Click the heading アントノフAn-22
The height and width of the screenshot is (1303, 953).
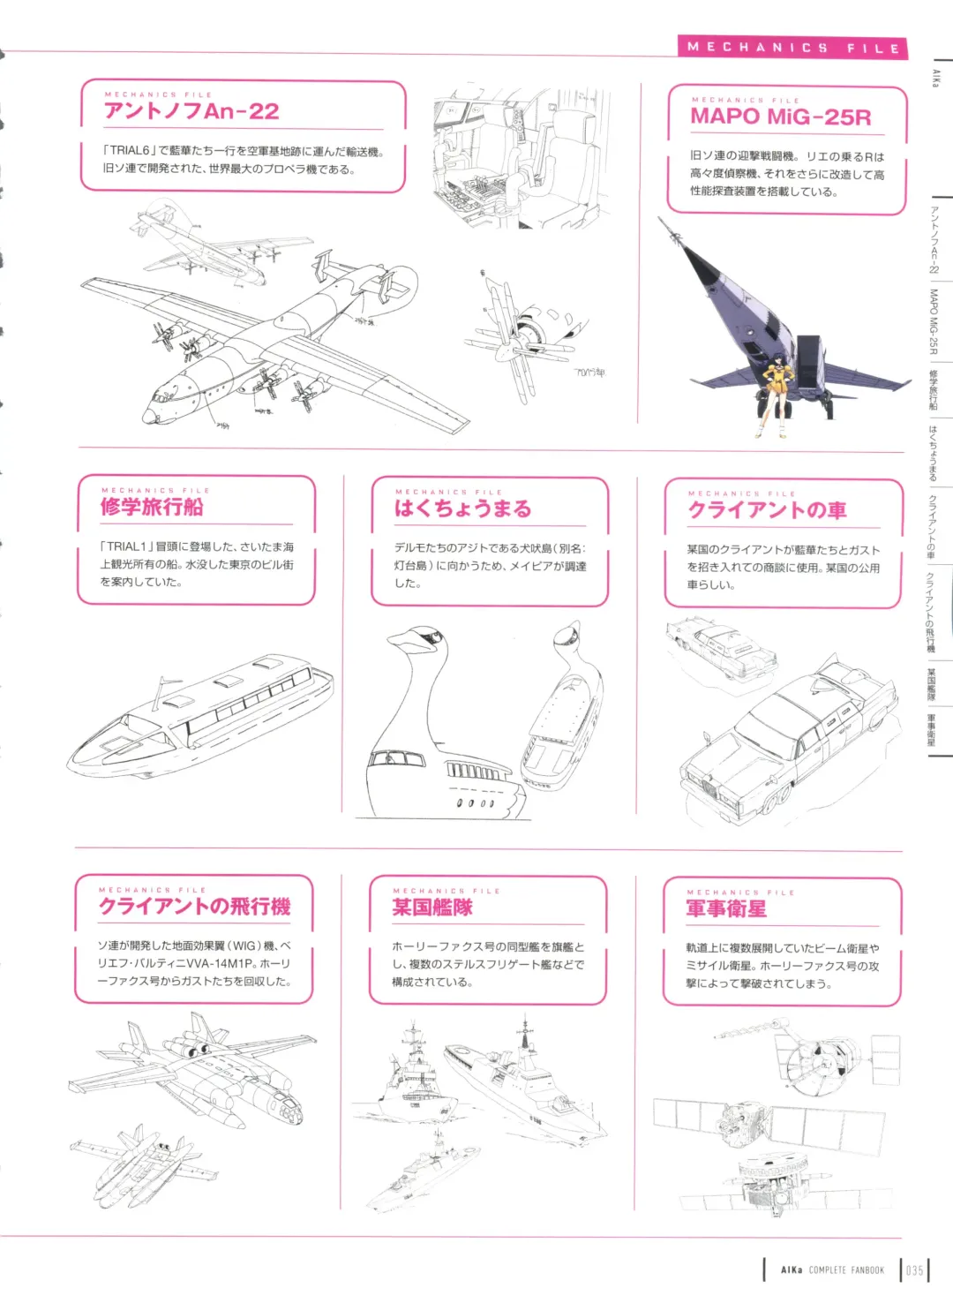[191, 111]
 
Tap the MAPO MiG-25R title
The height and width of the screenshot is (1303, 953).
[780, 117]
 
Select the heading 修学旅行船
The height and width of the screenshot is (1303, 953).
[152, 507]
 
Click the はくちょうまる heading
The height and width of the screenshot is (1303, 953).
[462, 508]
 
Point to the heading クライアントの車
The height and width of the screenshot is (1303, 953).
[767, 510]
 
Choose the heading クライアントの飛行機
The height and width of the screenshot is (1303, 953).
[194, 907]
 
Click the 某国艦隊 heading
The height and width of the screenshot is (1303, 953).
[432, 908]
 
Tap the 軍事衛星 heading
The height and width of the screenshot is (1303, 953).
[726, 909]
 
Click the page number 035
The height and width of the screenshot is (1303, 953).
[914, 1270]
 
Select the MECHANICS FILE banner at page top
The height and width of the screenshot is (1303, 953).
[792, 48]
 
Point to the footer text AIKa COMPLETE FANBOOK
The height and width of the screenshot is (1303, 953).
[832, 1270]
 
